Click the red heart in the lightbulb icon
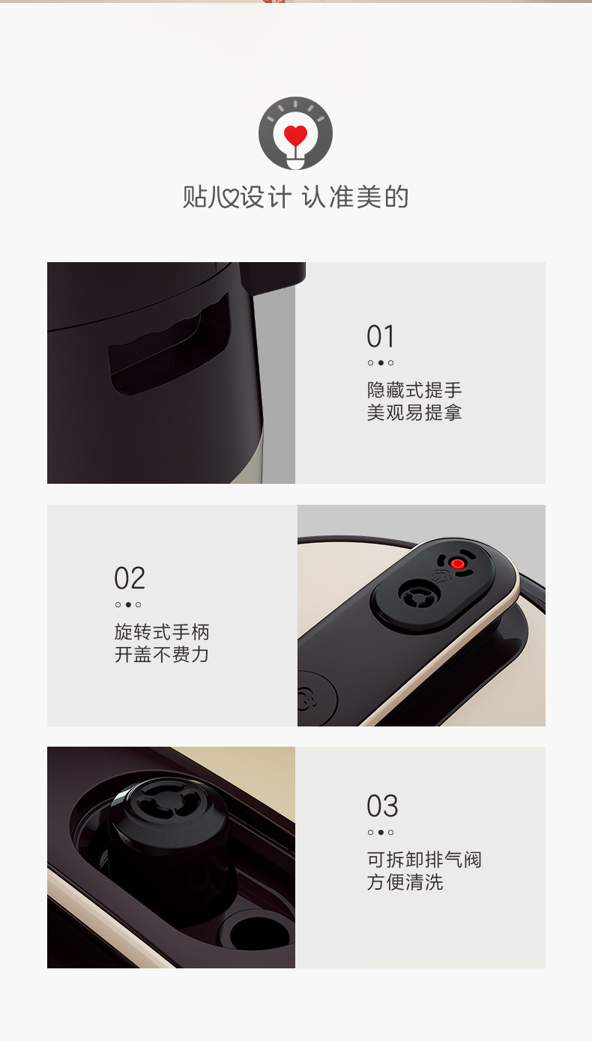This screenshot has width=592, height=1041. [x=295, y=135]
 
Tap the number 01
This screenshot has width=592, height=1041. [x=381, y=336]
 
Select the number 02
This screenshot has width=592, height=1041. [x=130, y=578]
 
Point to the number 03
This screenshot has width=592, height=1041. [x=382, y=806]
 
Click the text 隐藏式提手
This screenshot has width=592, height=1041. [x=414, y=390]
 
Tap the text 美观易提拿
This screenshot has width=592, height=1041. [x=414, y=413]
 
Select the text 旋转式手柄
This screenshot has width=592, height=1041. [x=162, y=632]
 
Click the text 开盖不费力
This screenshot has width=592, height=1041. [x=162, y=655]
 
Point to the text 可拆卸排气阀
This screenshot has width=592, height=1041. [x=424, y=860]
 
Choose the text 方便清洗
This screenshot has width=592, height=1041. [x=405, y=882]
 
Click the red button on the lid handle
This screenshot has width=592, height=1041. [x=458, y=564]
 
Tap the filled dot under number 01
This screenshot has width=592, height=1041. [x=381, y=363]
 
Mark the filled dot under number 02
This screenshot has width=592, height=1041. [x=128, y=604]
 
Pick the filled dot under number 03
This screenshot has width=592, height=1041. [x=381, y=832]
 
